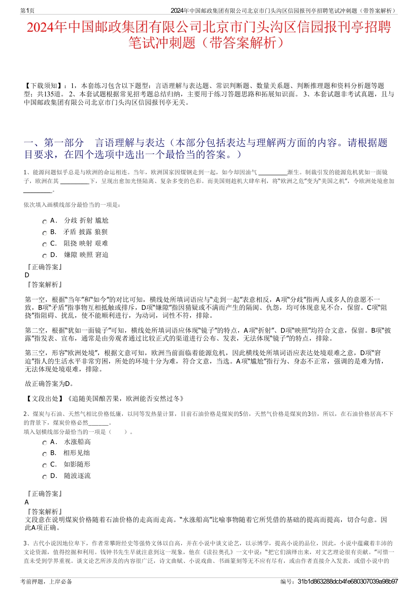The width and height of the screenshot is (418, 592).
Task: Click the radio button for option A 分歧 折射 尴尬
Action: pos(44,222)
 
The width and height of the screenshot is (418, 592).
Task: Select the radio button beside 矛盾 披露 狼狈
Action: pos(44,233)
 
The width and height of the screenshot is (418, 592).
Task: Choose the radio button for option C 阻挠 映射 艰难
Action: pos(44,245)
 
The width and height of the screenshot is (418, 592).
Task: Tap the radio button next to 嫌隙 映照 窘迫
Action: pos(44,256)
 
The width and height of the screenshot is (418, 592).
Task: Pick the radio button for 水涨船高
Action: pos(44,443)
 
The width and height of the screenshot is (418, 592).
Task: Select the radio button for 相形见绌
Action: pos(44,454)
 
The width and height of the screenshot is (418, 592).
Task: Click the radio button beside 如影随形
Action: pos(44,466)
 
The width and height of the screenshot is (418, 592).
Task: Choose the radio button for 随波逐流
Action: pos(44,477)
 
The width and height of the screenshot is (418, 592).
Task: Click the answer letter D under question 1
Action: pos(27,275)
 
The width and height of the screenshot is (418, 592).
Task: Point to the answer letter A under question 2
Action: pos(27,502)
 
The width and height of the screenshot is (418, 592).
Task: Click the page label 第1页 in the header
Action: pos(28,11)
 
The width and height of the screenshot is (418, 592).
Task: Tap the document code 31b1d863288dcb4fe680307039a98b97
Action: pos(348,581)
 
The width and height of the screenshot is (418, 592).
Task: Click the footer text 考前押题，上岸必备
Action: pos(46,581)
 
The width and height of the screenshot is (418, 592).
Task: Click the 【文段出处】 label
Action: pos(45,399)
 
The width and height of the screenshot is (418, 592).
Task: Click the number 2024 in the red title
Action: pos(40,27)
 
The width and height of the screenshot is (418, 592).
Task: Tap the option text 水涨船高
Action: pos(77,442)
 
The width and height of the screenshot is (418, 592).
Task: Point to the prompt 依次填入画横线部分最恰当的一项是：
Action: pos(73,205)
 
